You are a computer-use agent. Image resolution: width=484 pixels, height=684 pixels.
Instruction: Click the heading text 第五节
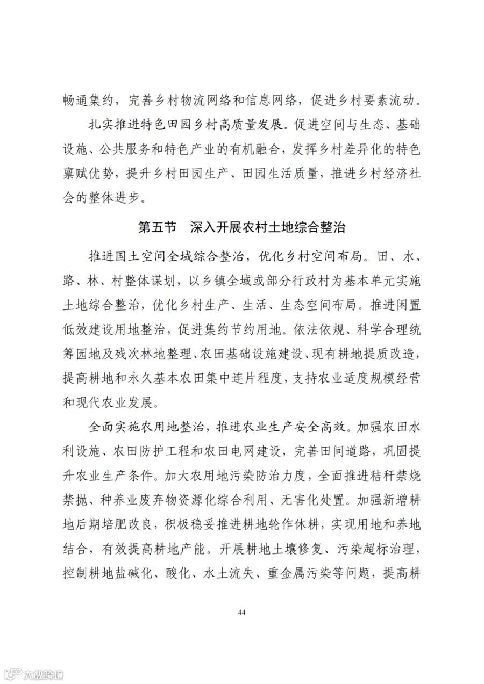pos(157,227)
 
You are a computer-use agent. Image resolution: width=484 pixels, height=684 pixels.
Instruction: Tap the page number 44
pos(241,612)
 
